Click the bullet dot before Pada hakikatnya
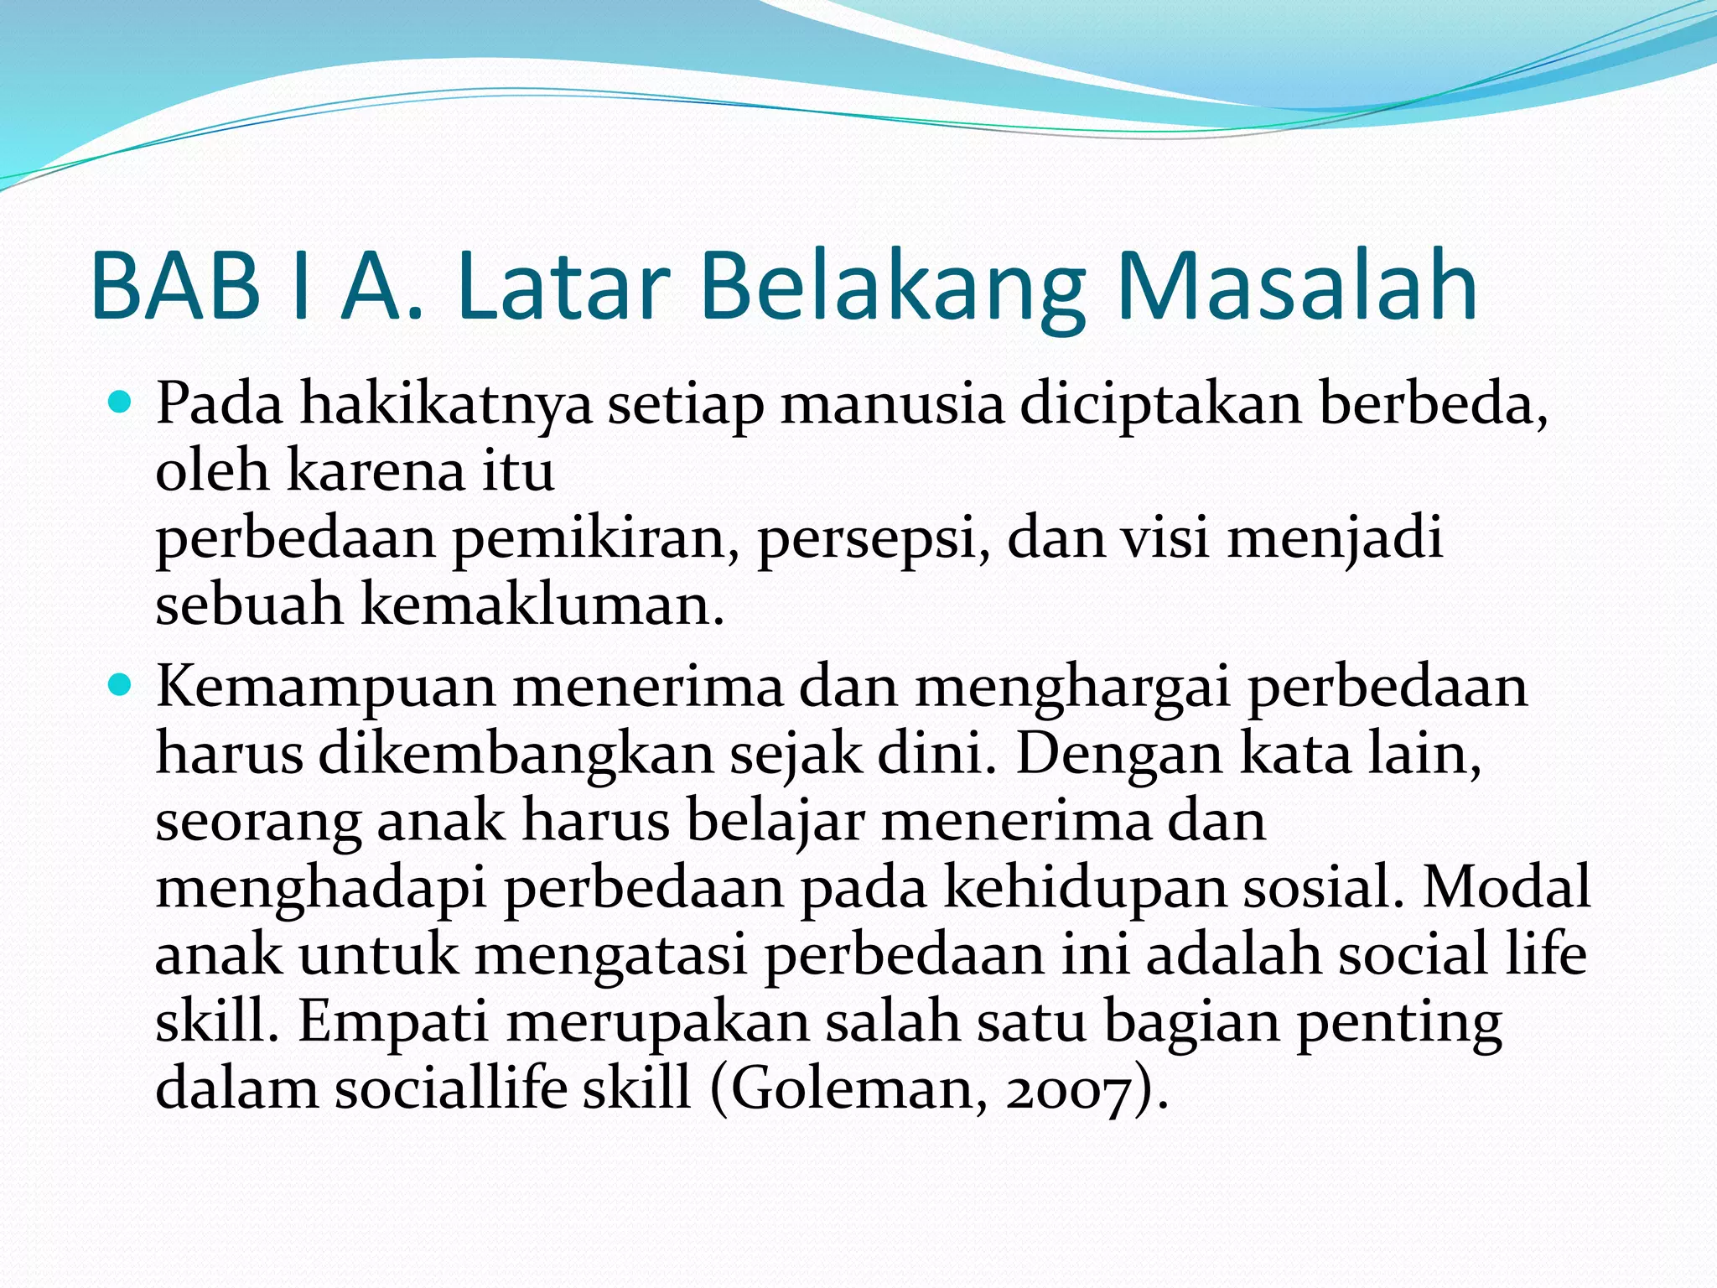pos(121,404)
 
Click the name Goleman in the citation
pos(848,1090)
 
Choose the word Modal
pos(1506,889)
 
